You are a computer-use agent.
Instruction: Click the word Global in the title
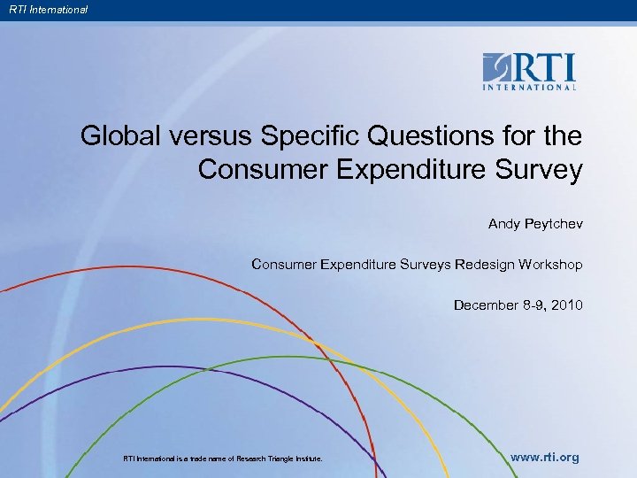[117, 136]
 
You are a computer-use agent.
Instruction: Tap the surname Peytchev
[553, 224]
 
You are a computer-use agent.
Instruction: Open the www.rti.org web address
[545, 458]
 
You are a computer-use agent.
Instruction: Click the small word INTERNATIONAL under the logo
[529, 88]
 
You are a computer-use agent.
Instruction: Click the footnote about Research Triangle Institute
[223, 459]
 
